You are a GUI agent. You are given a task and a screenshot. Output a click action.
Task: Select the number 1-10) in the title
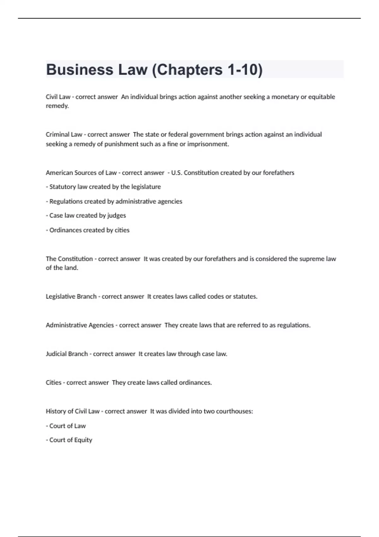245,70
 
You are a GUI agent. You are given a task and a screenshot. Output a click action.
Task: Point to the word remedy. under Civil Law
57,106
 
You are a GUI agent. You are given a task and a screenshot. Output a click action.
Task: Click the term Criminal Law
64,135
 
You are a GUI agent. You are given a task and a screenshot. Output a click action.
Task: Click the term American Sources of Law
81,173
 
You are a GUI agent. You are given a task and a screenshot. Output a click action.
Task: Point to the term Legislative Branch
71,297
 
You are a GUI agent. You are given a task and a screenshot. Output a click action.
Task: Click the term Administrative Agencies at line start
80,325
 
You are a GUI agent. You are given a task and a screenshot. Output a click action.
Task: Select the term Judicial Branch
67,354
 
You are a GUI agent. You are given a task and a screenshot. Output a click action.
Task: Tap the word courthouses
234,411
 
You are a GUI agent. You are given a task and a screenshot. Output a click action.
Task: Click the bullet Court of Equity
70,440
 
